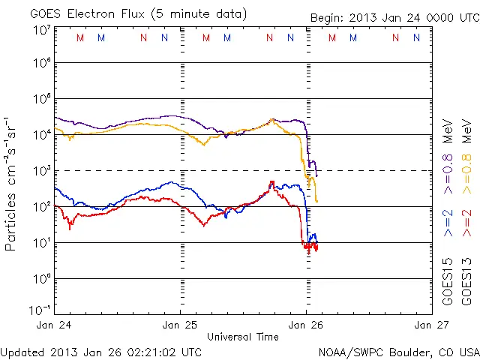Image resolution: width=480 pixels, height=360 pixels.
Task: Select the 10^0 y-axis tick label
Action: click(x=40, y=279)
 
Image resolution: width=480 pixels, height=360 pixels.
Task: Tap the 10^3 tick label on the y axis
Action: click(x=40, y=171)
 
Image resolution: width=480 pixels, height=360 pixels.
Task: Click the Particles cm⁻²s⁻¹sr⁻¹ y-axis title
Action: click(x=11, y=183)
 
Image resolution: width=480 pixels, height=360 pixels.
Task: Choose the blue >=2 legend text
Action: click(x=448, y=223)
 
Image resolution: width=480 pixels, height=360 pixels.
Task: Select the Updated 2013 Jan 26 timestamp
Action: click(x=101, y=351)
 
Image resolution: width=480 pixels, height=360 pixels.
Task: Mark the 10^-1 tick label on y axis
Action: click(x=40, y=310)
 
